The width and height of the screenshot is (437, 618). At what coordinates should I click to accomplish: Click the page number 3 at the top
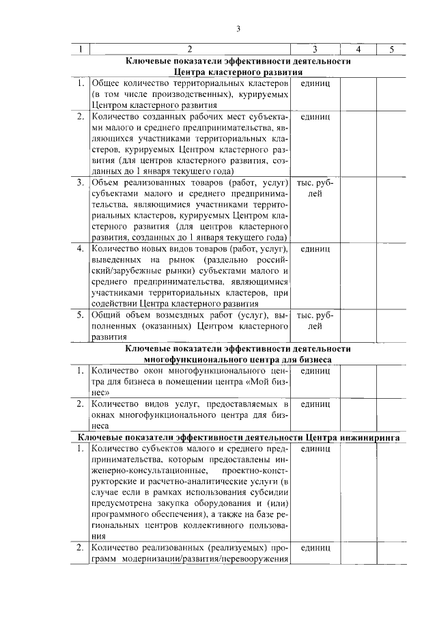[x=238, y=29]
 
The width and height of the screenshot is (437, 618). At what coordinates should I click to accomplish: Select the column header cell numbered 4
[x=358, y=49]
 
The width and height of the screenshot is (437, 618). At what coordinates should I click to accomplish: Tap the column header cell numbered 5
[x=392, y=49]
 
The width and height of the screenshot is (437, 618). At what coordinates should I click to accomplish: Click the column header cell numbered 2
[x=190, y=49]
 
